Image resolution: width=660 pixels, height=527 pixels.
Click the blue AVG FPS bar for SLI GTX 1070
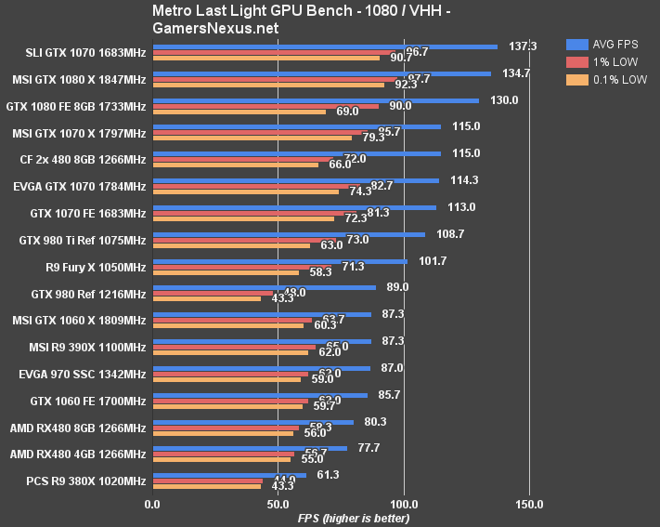pyautogui.click(x=325, y=46)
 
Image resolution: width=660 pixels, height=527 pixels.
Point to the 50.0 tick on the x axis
pyautogui.click(x=278, y=505)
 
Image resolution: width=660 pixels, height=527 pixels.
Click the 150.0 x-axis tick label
pyautogui.click(x=529, y=505)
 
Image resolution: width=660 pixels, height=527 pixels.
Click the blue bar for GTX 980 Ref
pyautogui.click(x=264, y=287)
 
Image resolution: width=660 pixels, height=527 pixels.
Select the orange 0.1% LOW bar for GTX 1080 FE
pyautogui.click(x=239, y=112)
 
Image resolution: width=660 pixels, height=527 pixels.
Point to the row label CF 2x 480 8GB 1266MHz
pyautogui.click(x=83, y=160)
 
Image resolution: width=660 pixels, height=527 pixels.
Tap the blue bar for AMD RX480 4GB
pyautogui.click(x=250, y=448)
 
